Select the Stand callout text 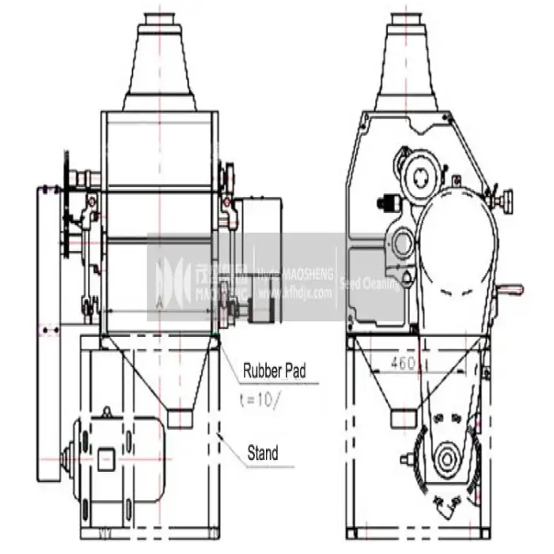coord(261,453)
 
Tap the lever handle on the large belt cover coord(513,291)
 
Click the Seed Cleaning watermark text coord(370,283)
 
